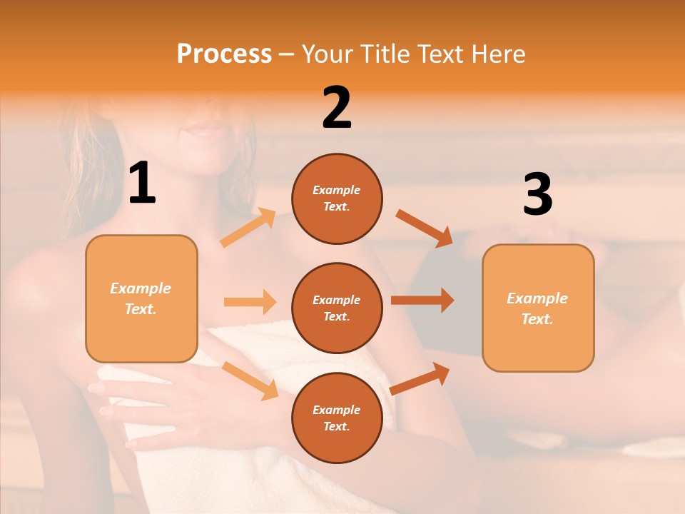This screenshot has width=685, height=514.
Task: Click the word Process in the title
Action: [x=224, y=54]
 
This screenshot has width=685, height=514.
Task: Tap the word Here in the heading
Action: [x=498, y=54]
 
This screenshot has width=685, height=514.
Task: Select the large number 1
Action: [x=142, y=184]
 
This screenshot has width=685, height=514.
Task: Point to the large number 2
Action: [x=337, y=108]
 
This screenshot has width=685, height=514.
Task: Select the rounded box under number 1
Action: [x=141, y=298]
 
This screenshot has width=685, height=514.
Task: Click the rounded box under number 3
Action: [x=538, y=308]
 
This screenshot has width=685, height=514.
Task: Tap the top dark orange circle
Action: [x=337, y=198]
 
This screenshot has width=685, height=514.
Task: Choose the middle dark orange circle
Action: [x=337, y=308]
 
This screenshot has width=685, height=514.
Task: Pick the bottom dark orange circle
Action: [x=337, y=418]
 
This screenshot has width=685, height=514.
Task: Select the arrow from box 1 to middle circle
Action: [x=250, y=302]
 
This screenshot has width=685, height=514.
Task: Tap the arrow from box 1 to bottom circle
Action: [x=250, y=381]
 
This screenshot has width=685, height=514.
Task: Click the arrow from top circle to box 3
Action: [x=424, y=228]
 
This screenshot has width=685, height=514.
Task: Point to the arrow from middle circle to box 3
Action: [x=422, y=301]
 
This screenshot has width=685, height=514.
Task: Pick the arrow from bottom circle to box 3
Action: [x=420, y=378]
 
